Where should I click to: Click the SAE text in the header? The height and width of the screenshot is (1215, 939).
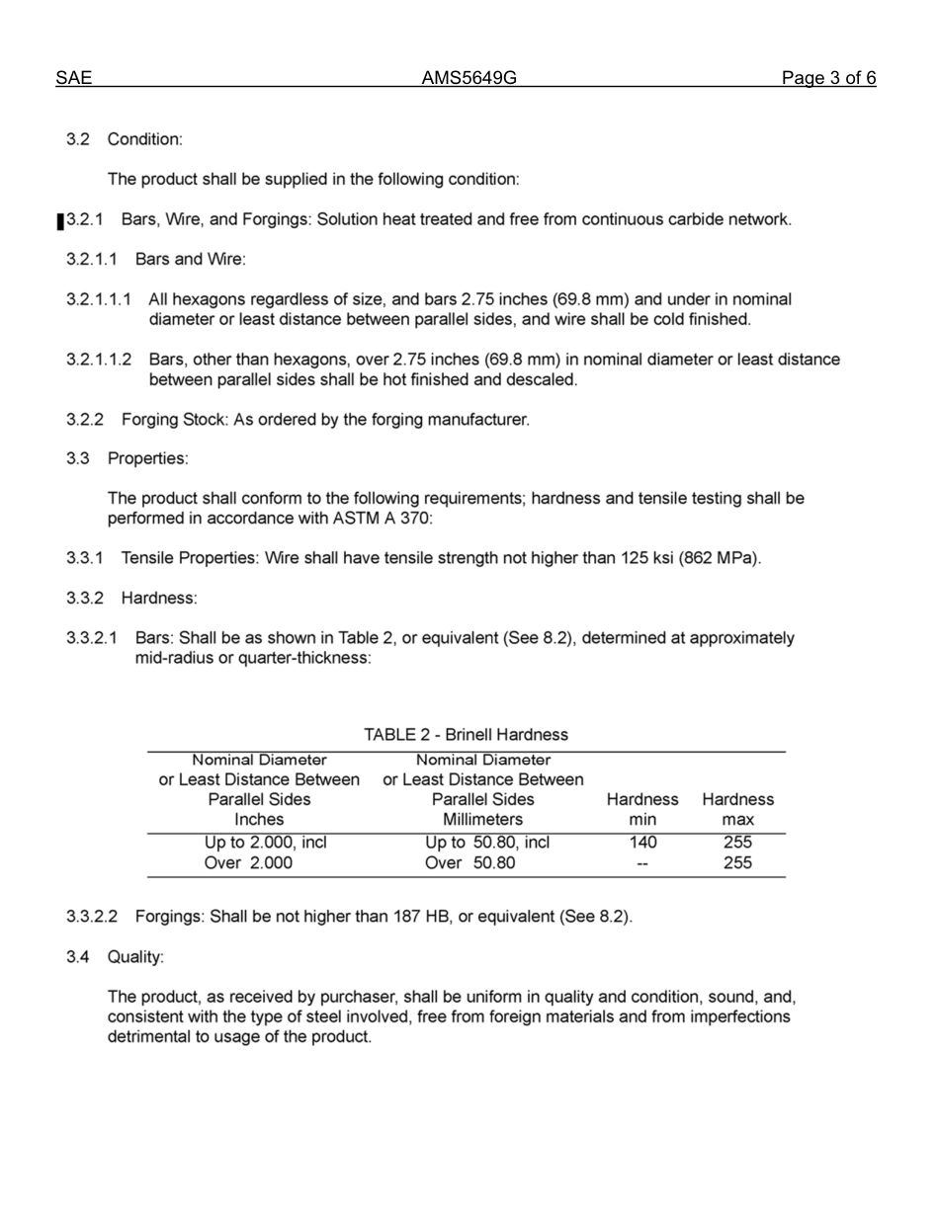tap(73, 79)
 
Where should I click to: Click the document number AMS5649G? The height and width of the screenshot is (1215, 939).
tap(469, 79)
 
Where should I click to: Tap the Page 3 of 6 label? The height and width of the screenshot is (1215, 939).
tap(827, 79)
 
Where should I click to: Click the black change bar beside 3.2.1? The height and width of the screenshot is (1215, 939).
tap(60, 221)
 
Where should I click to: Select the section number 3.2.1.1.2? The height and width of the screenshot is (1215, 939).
tap(99, 360)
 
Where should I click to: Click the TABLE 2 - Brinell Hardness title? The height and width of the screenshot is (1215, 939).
tap(466, 735)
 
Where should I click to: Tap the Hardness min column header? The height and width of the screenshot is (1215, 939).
tap(642, 809)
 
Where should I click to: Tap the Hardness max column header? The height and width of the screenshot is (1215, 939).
tap(737, 809)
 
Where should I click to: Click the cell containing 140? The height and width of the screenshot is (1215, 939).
tap(642, 843)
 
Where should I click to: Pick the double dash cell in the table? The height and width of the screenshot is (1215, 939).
tap(642, 863)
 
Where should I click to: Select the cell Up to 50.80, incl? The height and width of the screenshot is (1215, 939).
tap(487, 843)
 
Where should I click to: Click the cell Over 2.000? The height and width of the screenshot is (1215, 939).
tap(248, 863)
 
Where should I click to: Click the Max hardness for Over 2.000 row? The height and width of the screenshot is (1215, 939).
tap(737, 863)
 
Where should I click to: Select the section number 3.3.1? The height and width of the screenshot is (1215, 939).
tap(85, 558)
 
